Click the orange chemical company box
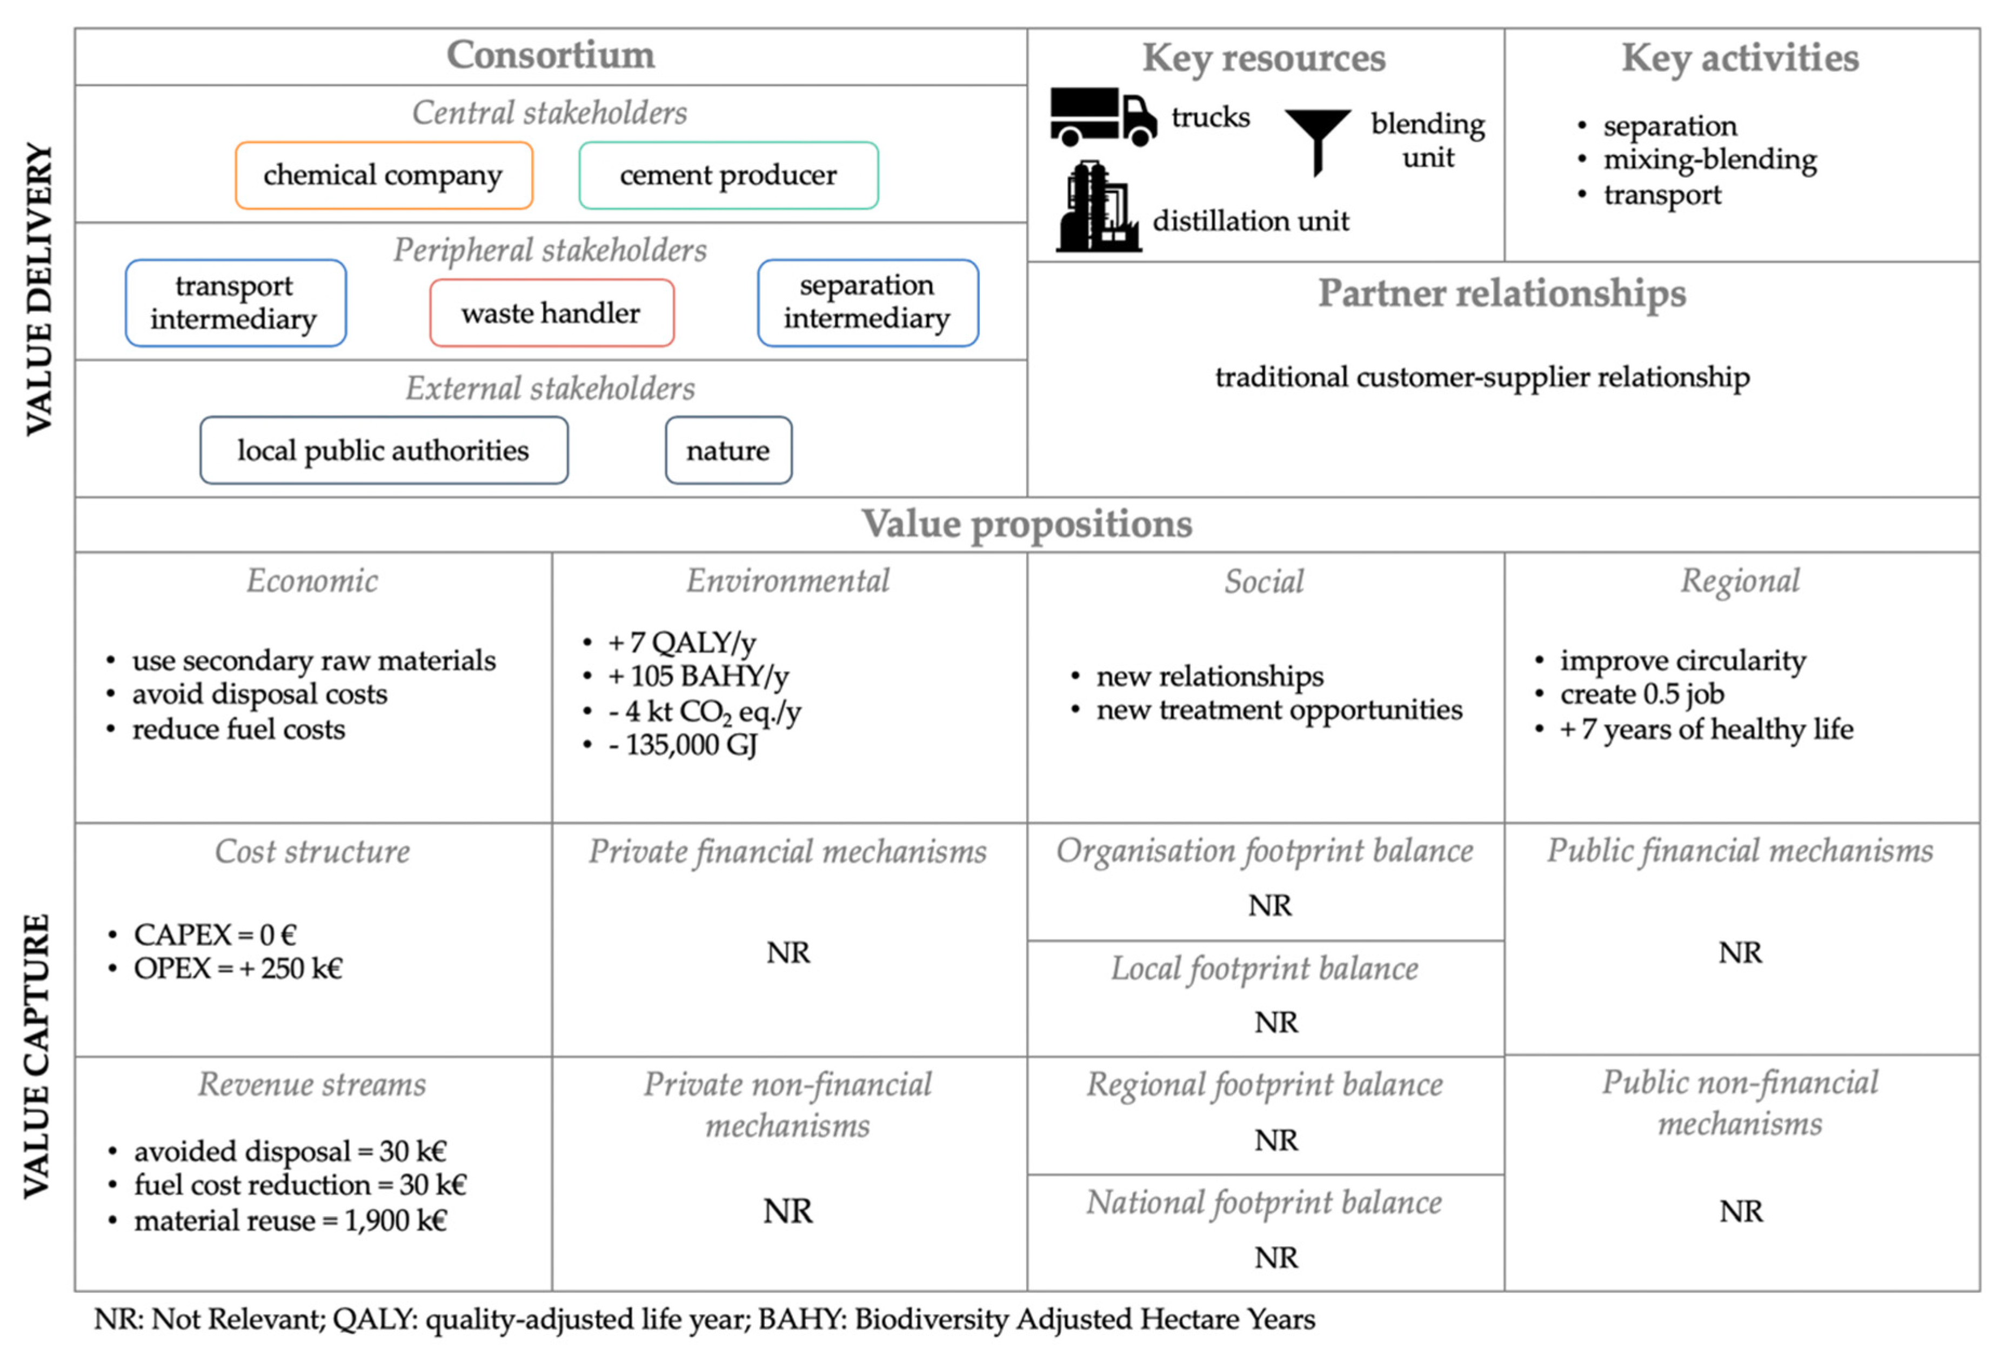(x=384, y=176)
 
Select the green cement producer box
(x=728, y=176)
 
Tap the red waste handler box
(x=551, y=313)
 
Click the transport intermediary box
(x=235, y=303)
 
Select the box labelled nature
(x=728, y=451)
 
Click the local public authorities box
(x=384, y=451)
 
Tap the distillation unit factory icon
(x=1097, y=208)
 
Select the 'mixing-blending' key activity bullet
(x=1709, y=160)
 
